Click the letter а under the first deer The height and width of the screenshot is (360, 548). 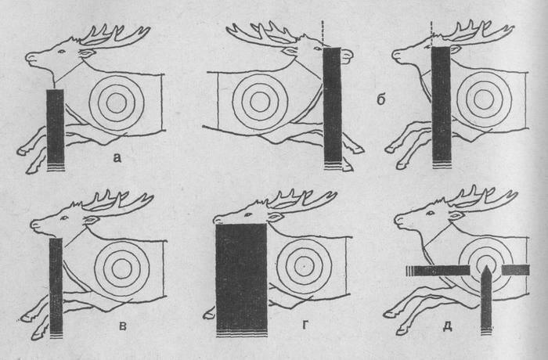117,158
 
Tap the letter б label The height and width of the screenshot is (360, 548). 380,99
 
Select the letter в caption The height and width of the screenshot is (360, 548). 123,326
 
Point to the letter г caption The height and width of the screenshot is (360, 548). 305,326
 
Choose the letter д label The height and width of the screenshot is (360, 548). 448,326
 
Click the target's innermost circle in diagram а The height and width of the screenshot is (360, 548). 117,103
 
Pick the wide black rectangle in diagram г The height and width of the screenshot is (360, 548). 241,280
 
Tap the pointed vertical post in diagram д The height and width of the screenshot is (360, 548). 486,300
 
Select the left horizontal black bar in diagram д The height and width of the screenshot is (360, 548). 437,271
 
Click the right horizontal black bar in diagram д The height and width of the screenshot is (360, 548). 515,270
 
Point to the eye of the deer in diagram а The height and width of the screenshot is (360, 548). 62,52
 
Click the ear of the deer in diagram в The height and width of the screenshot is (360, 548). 90,220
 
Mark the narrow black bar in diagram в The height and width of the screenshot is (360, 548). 56,288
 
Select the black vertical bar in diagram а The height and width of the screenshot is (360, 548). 56,130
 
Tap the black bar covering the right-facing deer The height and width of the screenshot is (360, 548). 333,109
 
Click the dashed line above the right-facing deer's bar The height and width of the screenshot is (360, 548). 323,34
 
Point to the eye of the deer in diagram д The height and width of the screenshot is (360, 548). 430,213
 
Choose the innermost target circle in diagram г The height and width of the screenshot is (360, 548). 304,267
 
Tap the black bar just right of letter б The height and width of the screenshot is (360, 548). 441,108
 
